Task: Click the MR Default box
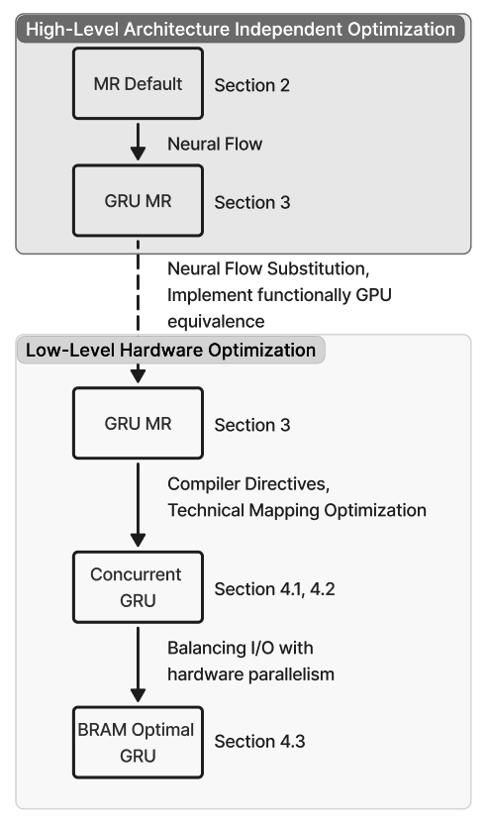[139, 83]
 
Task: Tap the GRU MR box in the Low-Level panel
[139, 424]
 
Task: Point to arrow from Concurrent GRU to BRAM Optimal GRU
[139, 666]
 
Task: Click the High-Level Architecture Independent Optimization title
[242, 29]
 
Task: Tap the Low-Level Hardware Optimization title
[170, 350]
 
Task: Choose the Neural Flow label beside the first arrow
[215, 145]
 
